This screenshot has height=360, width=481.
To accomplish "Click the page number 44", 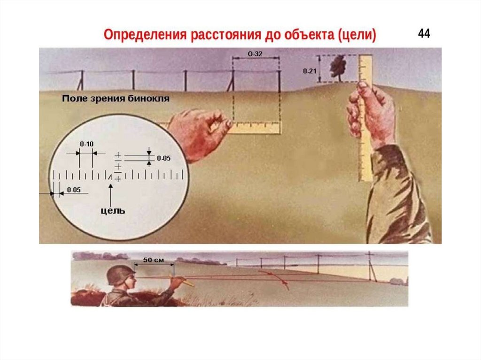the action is point(424,33).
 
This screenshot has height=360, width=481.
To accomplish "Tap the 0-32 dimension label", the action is point(255,54).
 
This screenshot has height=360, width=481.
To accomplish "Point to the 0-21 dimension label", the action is point(310,71).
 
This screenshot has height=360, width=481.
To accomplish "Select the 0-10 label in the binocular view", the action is point(87,144).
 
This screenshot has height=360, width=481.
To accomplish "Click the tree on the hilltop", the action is point(338,68).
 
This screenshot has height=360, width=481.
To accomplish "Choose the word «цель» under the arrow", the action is point(113,211).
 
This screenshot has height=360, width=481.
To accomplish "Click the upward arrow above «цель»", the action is point(110,195).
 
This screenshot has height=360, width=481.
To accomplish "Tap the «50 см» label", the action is point(154,260).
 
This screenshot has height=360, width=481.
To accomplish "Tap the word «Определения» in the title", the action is point(145,35).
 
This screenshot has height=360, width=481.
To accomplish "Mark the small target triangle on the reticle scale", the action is point(109,176).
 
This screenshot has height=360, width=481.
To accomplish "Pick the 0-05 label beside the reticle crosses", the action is point(163,158).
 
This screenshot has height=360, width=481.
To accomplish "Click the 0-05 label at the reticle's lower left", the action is point(74,190).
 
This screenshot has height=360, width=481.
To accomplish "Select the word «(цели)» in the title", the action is point(357,35).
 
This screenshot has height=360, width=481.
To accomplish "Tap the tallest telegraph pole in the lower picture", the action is point(371,266).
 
